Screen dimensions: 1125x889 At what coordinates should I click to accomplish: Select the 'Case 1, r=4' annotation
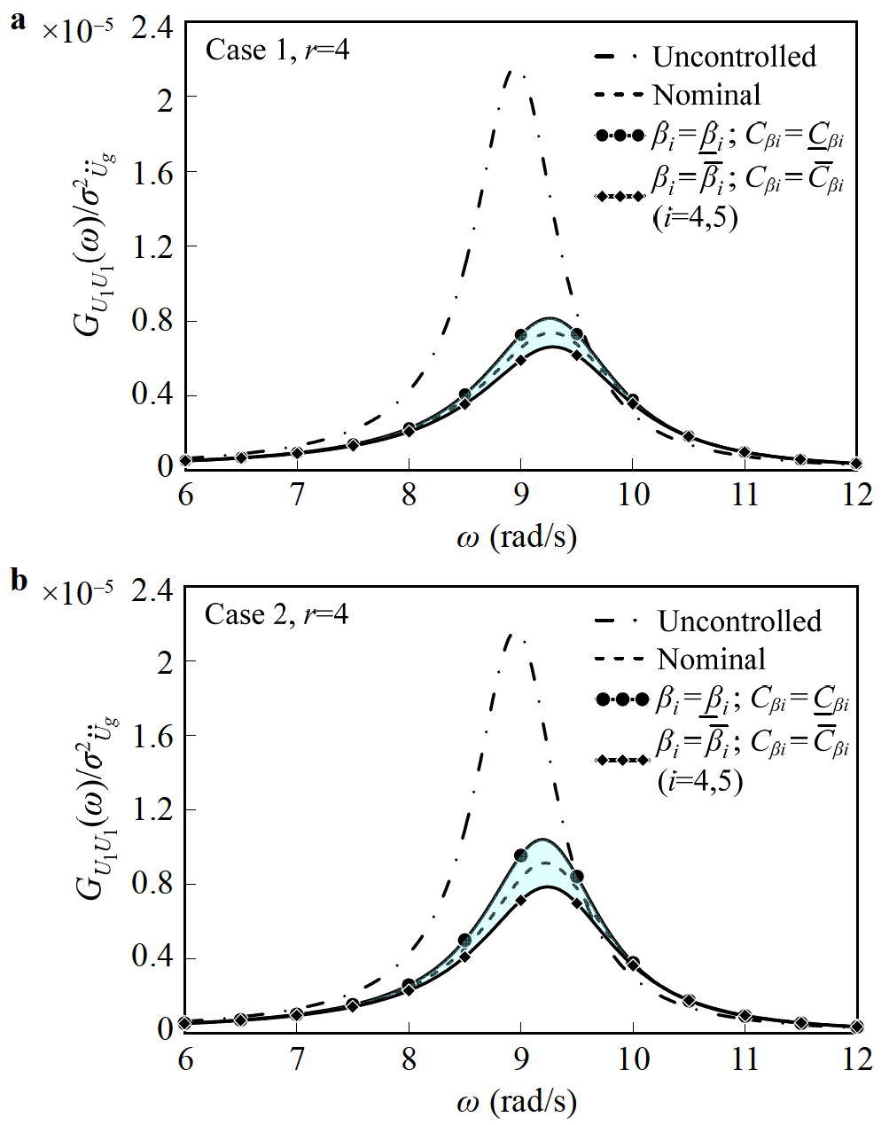[277, 51]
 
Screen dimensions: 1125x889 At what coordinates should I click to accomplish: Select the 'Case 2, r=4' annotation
[277, 614]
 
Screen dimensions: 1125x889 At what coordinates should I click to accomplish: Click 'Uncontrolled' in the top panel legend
[734, 57]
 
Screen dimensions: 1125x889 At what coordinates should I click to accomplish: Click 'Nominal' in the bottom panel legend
[711, 660]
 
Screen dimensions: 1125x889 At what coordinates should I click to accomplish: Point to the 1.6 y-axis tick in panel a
[152, 171]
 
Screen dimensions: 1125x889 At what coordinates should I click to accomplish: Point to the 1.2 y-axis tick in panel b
[152, 809]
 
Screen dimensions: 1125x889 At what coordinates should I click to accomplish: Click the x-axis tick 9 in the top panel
[520, 494]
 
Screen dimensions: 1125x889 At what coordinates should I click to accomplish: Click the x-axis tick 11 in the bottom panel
[745, 1058]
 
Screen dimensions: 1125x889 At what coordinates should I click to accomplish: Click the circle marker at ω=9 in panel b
[520, 855]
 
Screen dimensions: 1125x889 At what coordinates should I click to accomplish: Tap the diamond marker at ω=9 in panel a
[520, 359]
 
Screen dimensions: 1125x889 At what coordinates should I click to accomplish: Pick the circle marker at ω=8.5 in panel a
[464, 395]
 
